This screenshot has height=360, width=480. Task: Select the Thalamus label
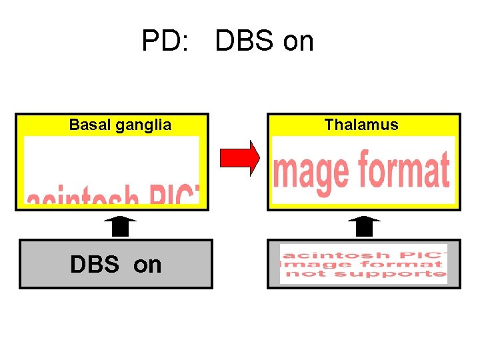tap(361, 125)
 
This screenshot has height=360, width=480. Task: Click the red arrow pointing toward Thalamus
tap(240, 158)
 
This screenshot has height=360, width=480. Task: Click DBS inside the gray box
tap(95, 265)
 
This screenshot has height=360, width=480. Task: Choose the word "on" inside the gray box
tap(147, 265)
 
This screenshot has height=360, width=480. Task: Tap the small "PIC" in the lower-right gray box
tap(420, 255)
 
